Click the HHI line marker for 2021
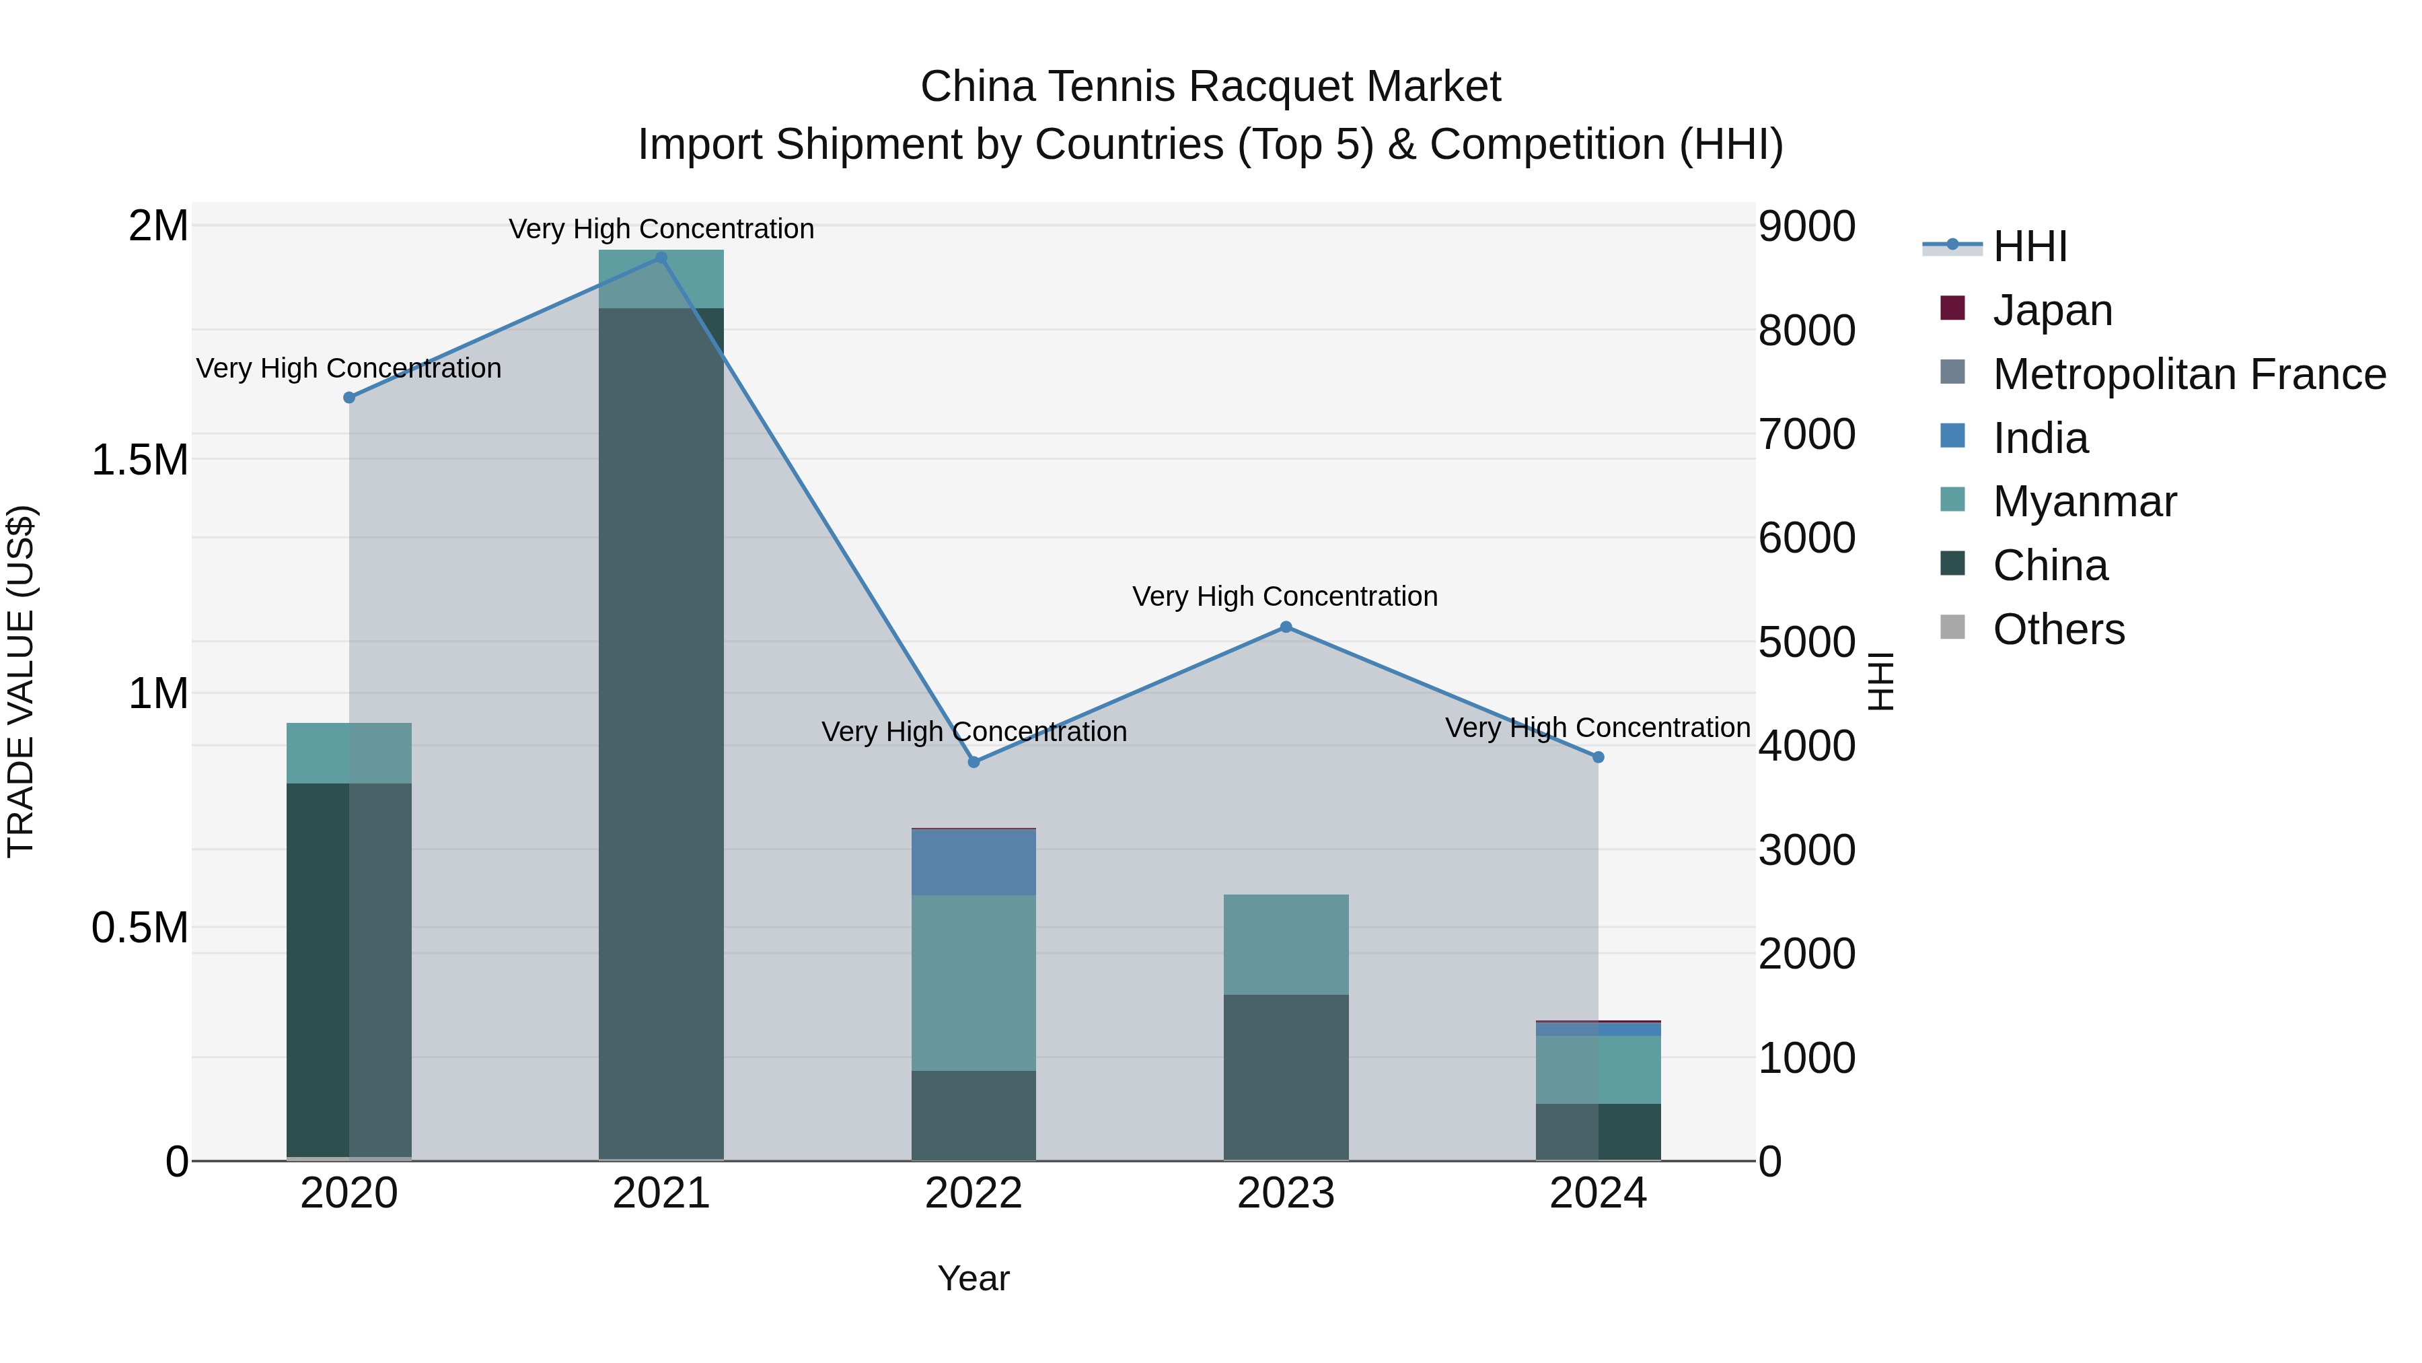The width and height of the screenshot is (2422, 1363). click(661, 258)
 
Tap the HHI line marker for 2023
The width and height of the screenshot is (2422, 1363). click(1285, 627)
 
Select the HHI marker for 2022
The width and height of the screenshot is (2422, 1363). click(973, 762)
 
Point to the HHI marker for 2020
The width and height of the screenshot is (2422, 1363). click(348, 398)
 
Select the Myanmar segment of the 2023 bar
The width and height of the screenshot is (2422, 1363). click(1285, 944)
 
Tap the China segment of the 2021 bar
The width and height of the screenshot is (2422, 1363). click(661, 734)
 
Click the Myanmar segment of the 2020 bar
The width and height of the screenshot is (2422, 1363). click(348, 753)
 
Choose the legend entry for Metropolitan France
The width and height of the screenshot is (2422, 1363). click(2188, 374)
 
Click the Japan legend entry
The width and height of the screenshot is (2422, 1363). click(2051, 310)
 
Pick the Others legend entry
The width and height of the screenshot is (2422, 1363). click(2057, 629)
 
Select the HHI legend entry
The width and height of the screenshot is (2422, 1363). click(2029, 246)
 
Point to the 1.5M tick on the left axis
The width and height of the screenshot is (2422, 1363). click(139, 460)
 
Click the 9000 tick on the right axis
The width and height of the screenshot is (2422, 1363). click(1805, 227)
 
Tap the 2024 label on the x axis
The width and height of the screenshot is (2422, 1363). click(1597, 1193)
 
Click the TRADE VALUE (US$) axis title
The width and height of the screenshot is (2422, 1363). click(21, 681)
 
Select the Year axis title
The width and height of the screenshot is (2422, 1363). click(973, 1278)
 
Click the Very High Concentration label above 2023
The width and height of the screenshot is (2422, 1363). click(1284, 596)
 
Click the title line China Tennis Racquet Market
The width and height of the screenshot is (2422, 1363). click(1210, 87)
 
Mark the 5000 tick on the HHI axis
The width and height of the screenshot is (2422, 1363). click(1805, 643)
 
